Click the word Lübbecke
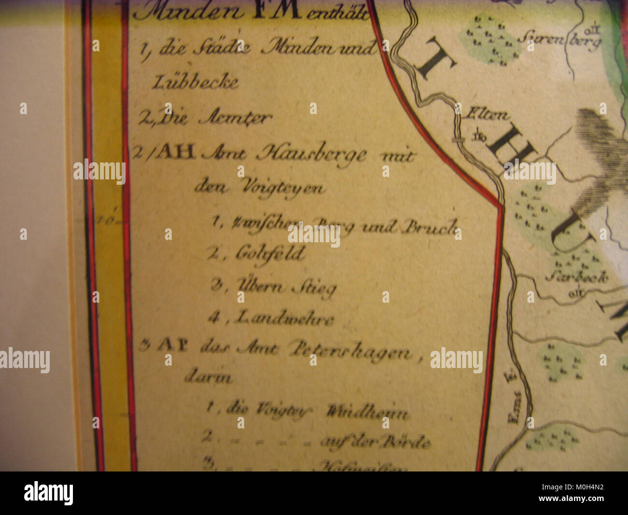195,82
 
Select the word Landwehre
285,318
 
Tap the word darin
208,378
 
